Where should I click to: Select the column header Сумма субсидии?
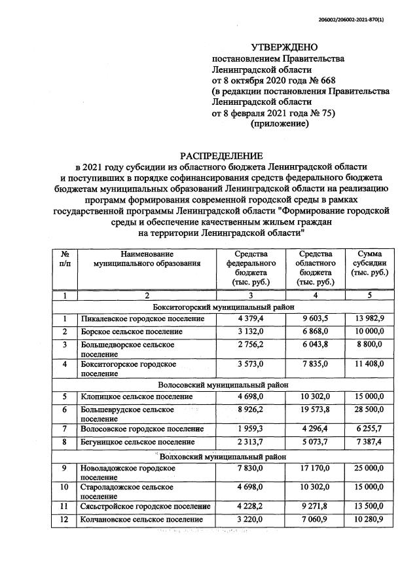click(x=370, y=263)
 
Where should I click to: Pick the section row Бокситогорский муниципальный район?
click(x=223, y=307)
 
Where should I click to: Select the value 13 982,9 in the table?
click(x=369, y=319)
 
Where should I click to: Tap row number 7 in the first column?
click(x=65, y=429)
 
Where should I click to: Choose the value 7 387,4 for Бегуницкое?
click(x=369, y=442)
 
